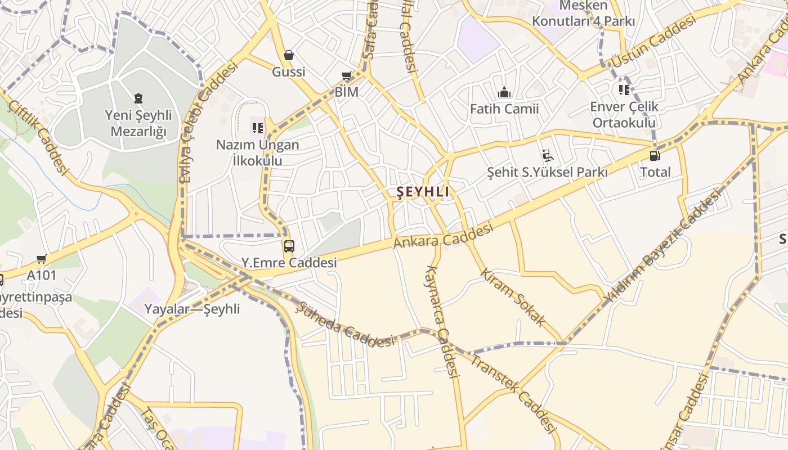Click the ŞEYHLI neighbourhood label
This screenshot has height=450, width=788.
coord(423,192)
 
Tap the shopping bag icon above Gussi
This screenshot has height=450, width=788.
coord(289,55)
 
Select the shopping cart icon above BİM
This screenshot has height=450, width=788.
coord(347,76)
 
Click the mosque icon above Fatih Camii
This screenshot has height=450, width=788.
coord(504,92)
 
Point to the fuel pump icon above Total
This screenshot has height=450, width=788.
coord(655,155)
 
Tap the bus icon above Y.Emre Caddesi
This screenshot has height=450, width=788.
coord(289,246)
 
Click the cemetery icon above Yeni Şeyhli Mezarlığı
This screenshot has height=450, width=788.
coord(138,99)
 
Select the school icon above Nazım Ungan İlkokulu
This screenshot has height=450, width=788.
coord(258,128)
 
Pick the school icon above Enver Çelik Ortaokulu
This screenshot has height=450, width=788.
coord(624,90)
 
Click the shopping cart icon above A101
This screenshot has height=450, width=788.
coord(41,259)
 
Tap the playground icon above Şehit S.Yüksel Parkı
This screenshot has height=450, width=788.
coord(547,155)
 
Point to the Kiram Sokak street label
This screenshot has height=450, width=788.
coord(513,297)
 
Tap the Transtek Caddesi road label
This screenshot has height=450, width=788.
coord(513,394)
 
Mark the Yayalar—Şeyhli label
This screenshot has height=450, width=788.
coord(192,309)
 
